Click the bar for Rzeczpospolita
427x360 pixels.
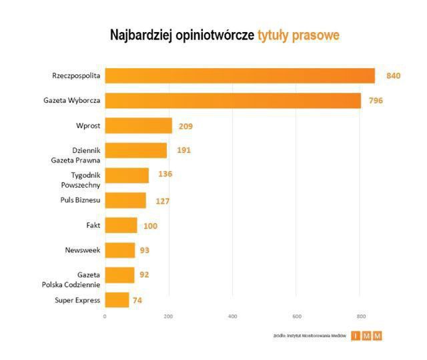click(x=240, y=75)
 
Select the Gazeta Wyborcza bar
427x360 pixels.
click(x=233, y=100)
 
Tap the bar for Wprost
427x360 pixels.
click(x=138, y=126)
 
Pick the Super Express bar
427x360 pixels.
click(x=117, y=300)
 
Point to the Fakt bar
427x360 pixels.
click(x=121, y=225)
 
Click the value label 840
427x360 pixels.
click(x=393, y=75)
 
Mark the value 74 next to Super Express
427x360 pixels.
click(x=137, y=301)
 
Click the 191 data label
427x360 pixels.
click(x=183, y=150)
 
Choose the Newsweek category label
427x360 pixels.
click(x=82, y=250)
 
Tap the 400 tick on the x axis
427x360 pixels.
click(x=233, y=316)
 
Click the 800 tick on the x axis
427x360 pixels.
click(x=361, y=316)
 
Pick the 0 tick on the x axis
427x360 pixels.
click(x=105, y=316)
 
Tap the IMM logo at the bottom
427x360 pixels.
click(x=368, y=336)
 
